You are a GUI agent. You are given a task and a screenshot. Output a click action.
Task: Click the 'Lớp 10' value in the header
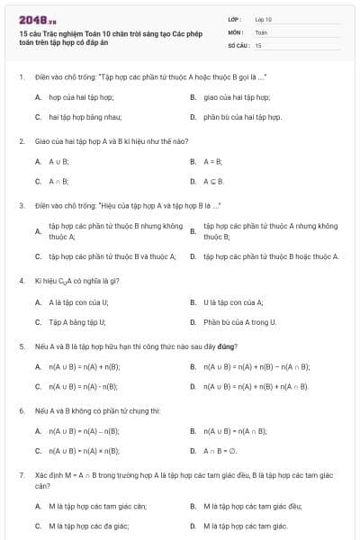coord(263,19)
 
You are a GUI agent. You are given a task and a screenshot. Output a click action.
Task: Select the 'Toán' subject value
coord(261,31)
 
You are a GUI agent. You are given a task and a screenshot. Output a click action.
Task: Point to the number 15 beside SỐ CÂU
coord(258,44)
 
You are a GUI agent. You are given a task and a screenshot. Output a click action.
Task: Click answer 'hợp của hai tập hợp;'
coord(81,96)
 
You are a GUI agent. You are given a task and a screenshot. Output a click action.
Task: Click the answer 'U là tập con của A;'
coord(233,301)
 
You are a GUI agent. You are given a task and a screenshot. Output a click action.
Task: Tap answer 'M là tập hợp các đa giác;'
coord(88,526)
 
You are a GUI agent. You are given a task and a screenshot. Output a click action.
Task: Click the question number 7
coord(21,473)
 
